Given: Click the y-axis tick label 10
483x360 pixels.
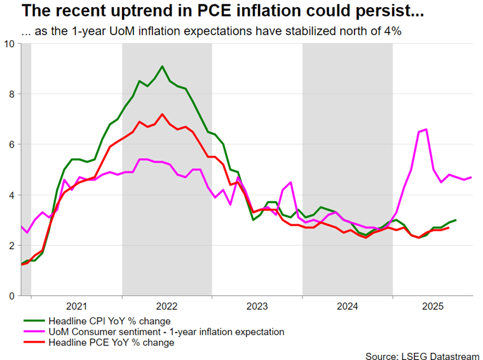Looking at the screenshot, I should click(x=10, y=43).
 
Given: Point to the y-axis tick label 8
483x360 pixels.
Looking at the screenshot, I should click(x=12, y=94).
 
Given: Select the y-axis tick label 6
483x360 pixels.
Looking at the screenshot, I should click(x=12, y=144).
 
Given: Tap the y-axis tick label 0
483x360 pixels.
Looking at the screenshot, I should click(x=12, y=296).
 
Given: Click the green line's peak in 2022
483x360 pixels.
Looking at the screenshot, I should click(x=162, y=66).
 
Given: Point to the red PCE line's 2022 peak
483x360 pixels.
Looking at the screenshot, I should click(x=162, y=114).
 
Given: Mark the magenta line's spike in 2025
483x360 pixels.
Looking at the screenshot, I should click(x=426, y=129).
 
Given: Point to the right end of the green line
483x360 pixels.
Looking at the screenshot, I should click(x=456, y=220).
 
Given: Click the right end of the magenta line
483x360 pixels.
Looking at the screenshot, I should click(x=471, y=177).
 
